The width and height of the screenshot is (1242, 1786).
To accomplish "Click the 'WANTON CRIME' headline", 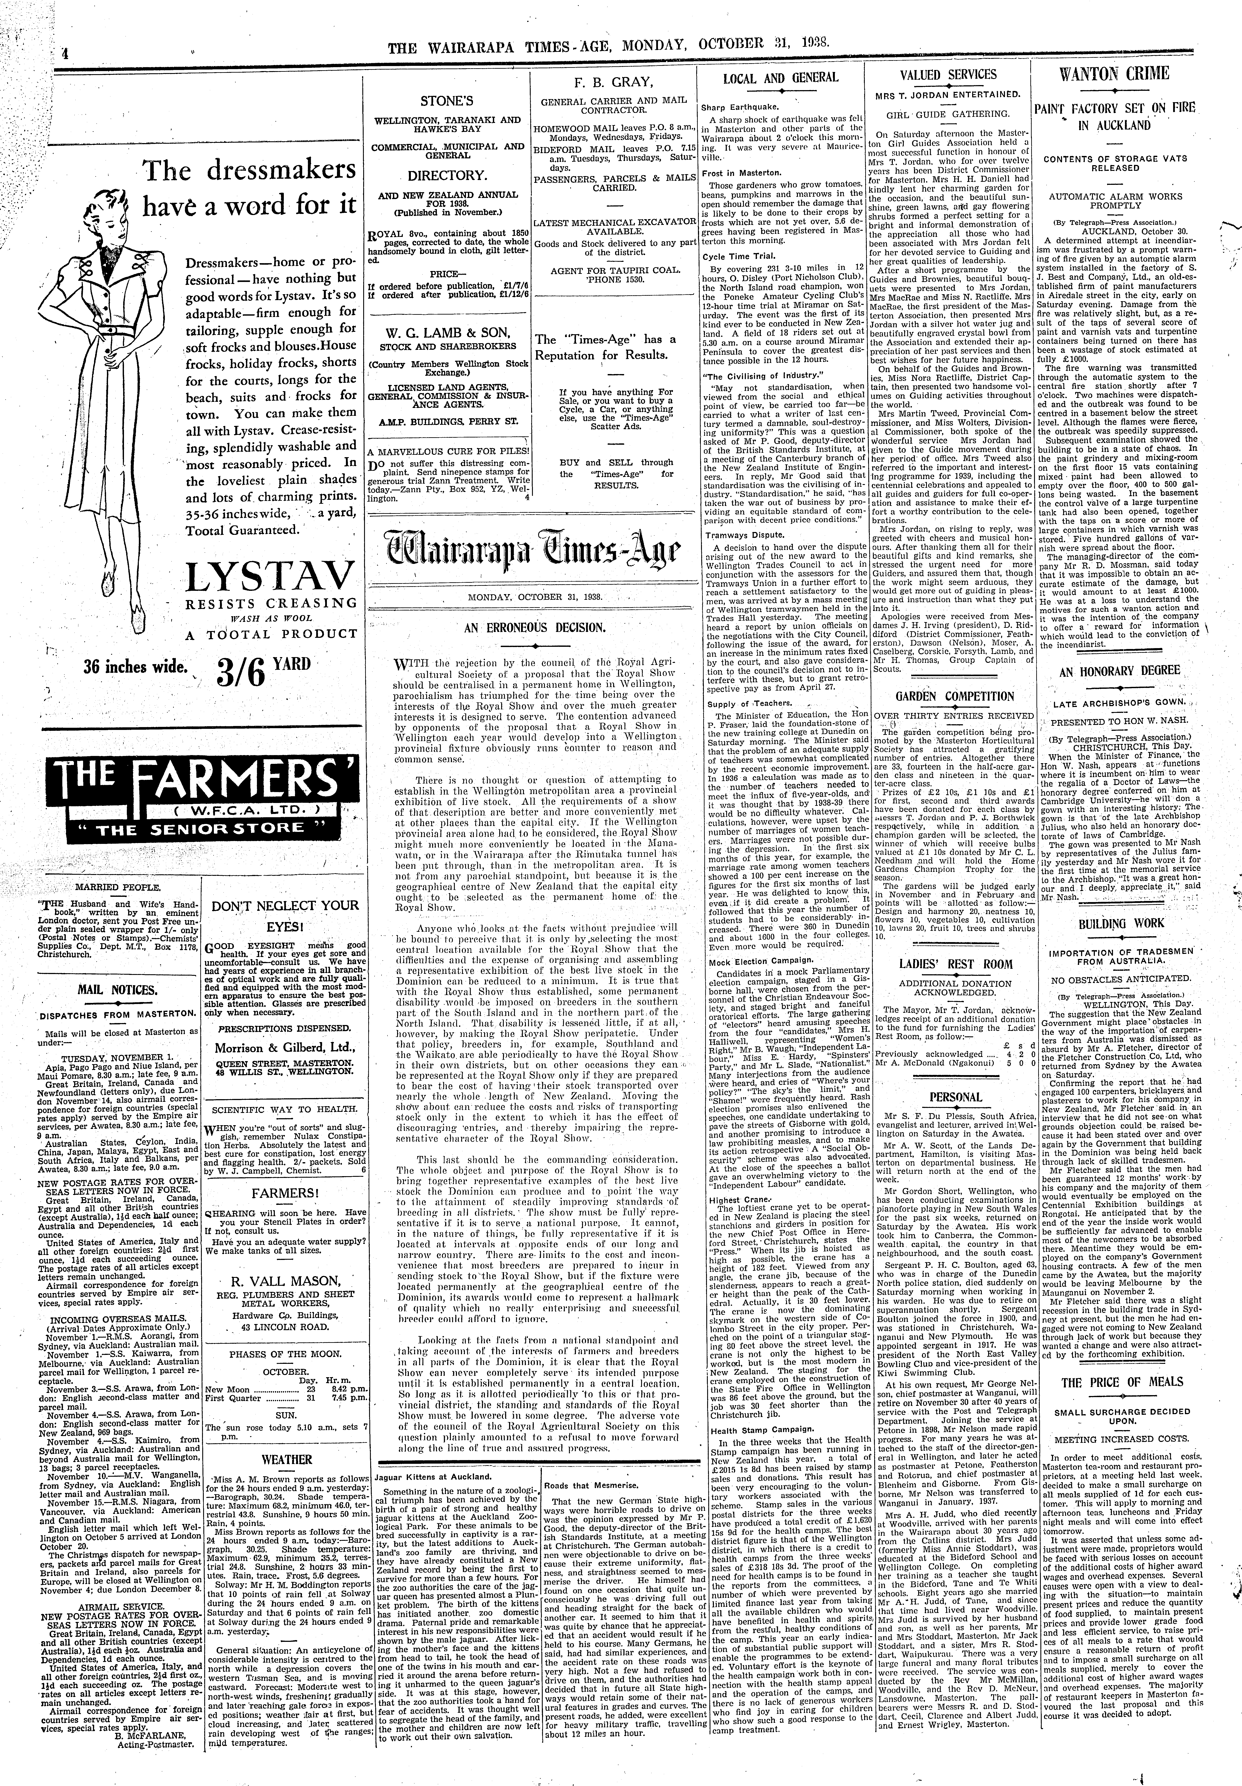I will pyautogui.click(x=1136, y=75).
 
